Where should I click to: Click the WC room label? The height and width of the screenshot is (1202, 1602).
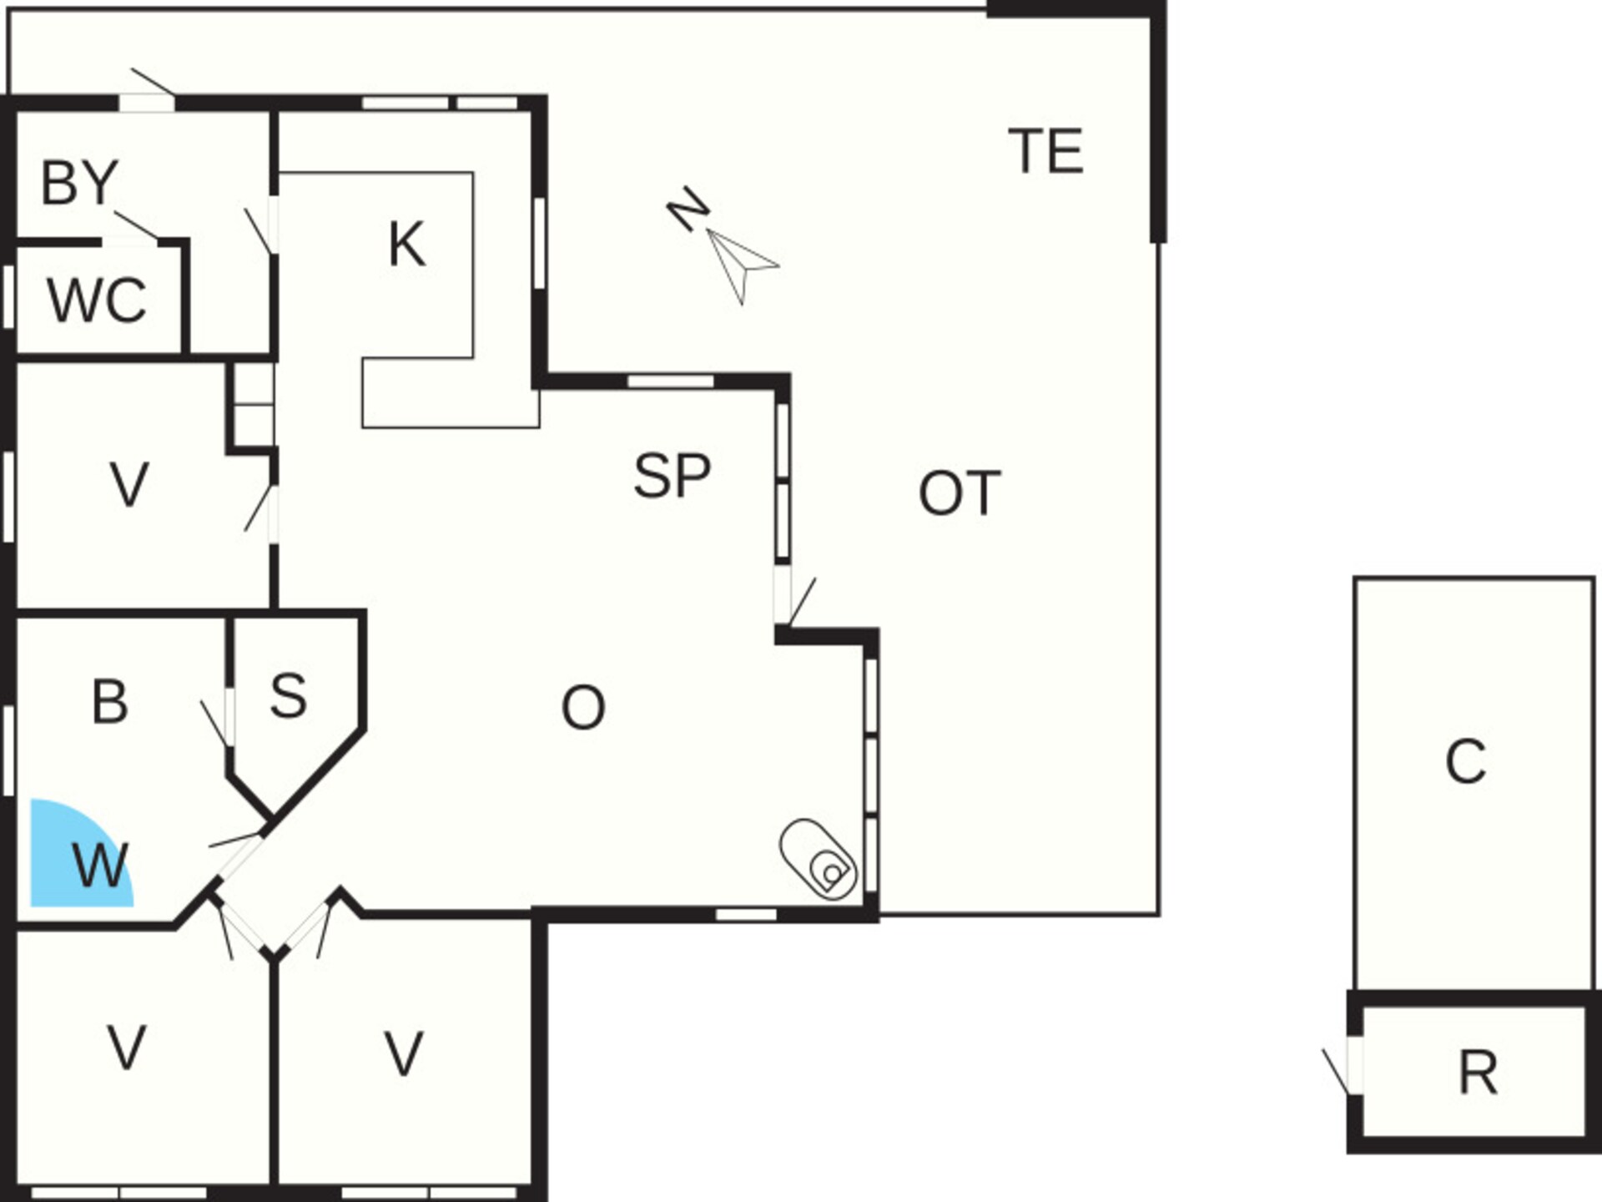coord(97,300)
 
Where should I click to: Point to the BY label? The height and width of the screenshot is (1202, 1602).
coord(80,183)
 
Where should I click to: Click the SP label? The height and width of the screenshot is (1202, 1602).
coord(672,476)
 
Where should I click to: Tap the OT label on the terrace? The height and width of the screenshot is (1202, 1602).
coord(960,493)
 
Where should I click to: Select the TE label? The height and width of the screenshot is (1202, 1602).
coord(1045,151)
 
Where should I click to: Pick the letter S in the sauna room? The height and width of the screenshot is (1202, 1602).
coord(289,695)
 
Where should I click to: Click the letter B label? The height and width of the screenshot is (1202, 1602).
coord(110,702)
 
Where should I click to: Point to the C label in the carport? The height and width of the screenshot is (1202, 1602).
coord(1466,761)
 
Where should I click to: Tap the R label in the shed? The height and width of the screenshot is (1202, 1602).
coord(1478,1073)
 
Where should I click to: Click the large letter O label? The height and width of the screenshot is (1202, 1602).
coord(583,708)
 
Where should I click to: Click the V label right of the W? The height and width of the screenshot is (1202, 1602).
coord(404,1053)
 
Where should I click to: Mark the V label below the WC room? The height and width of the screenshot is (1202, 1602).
coord(129,484)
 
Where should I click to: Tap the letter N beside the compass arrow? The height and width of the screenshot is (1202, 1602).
coord(688,209)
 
